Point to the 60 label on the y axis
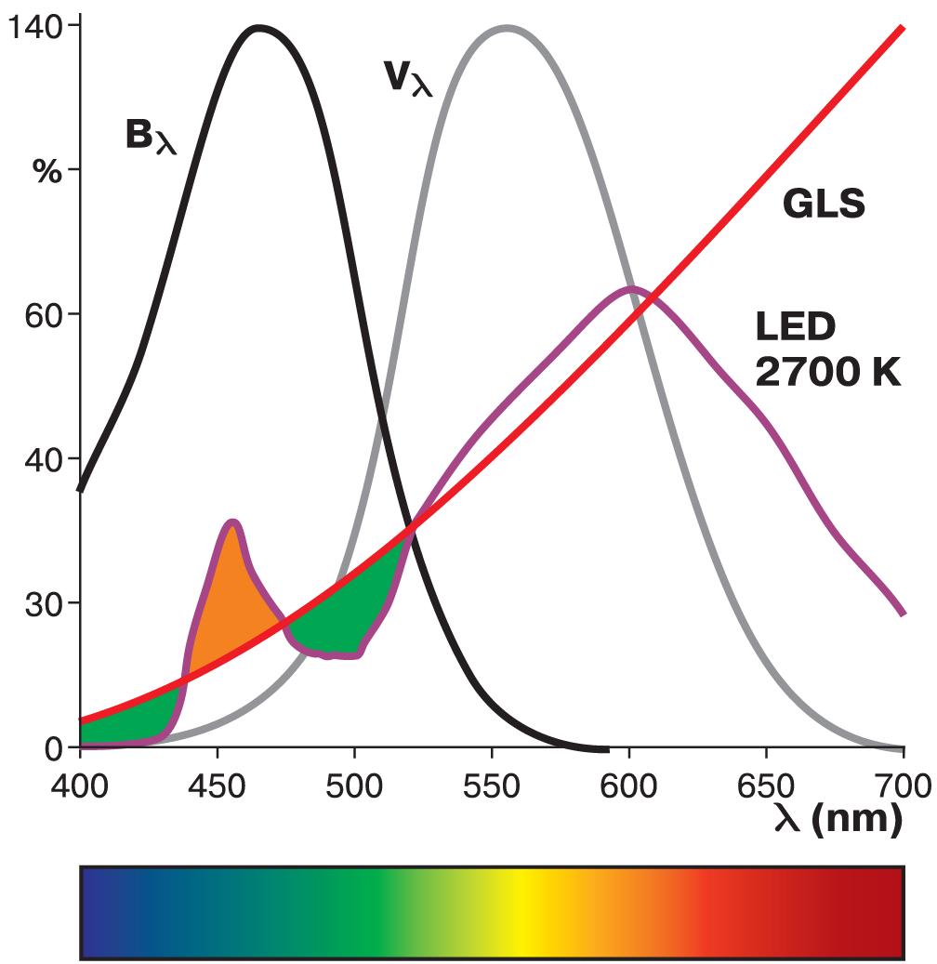pos(40,314)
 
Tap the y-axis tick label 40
pos(40,459)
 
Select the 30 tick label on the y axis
pos(40,603)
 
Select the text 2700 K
pos(827,373)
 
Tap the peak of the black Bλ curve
pos(258,28)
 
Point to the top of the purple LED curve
pos(632,288)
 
